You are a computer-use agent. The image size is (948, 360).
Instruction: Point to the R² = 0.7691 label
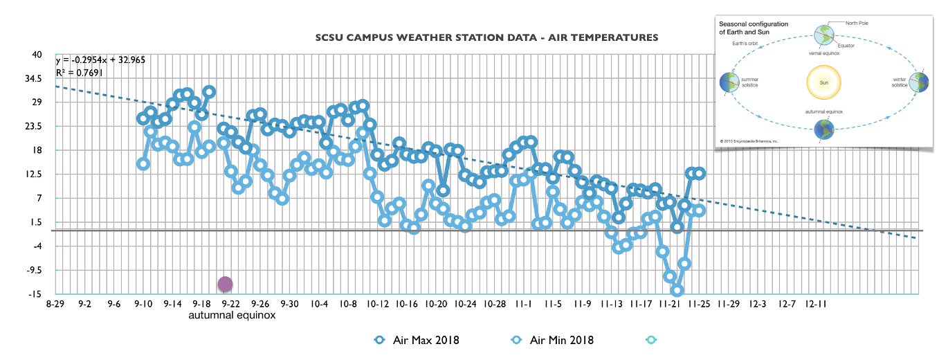78,72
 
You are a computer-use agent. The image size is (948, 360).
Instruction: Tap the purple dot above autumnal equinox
226,283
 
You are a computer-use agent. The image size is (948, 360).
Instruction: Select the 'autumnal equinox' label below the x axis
233,316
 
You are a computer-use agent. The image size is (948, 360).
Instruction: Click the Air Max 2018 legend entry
416,340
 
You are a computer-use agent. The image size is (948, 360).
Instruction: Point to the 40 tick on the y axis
37,55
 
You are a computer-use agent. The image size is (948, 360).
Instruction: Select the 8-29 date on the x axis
57,304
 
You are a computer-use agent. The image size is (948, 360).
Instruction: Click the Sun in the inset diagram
823,83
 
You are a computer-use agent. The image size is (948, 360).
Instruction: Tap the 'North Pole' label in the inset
857,23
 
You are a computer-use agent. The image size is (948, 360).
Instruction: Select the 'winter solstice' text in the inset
900,82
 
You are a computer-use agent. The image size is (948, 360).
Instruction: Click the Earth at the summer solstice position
729,82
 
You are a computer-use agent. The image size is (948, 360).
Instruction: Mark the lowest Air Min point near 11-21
677,291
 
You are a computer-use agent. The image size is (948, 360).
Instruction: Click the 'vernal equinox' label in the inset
823,52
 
